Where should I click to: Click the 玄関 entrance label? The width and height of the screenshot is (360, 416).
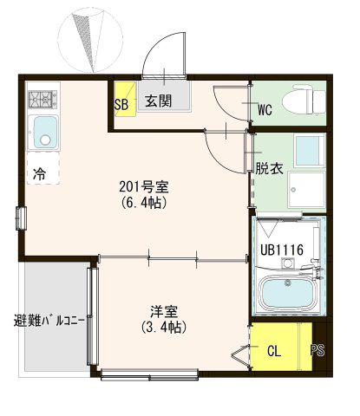pyautogui.click(x=158, y=101)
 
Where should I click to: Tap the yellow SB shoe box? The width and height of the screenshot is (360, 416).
pyautogui.click(x=125, y=99)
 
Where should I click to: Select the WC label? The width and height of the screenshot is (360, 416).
pyautogui.click(x=265, y=110)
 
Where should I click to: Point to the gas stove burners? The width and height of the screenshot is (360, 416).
pyautogui.click(x=43, y=99)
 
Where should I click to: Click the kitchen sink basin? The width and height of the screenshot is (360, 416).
pyautogui.click(x=45, y=132)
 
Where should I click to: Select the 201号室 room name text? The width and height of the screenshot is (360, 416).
pyautogui.click(x=144, y=187)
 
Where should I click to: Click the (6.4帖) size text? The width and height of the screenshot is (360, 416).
pyautogui.click(x=144, y=203)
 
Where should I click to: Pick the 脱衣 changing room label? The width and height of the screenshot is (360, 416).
pyautogui.click(x=269, y=169)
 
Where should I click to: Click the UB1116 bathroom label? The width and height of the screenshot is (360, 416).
pyautogui.click(x=282, y=250)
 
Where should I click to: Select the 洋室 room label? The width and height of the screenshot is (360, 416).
pyautogui.click(x=164, y=311)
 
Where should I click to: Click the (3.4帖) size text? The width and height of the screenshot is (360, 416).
pyautogui.click(x=164, y=327)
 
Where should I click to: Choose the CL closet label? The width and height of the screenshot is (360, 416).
pyautogui.click(x=274, y=351)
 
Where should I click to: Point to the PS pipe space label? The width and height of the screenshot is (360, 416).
pyautogui.click(x=317, y=350)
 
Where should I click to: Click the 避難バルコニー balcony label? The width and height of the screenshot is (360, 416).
pyautogui.click(x=49, y=321)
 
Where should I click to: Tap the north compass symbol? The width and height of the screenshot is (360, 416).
pyautogui.click(x=90, y=40)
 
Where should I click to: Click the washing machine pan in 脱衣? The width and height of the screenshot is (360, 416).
pyautogui.click(x=307, y=190)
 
